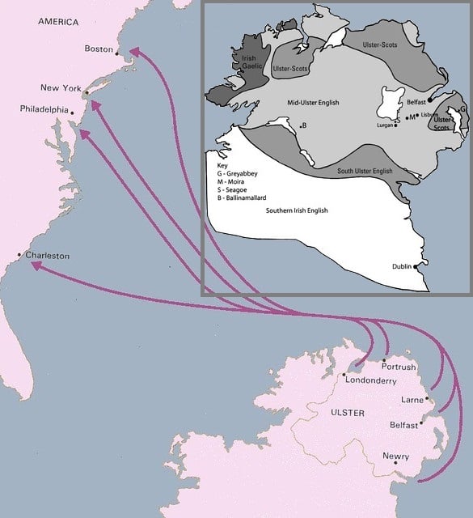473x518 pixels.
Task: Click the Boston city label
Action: pos(99,49)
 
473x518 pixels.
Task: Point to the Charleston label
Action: pos(47,256)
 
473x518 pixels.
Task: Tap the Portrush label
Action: pos(397,367)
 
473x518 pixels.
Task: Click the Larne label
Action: pos(412,400)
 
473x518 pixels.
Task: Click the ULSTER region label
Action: pos(348,414)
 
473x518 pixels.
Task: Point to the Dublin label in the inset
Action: pos(403,265)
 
